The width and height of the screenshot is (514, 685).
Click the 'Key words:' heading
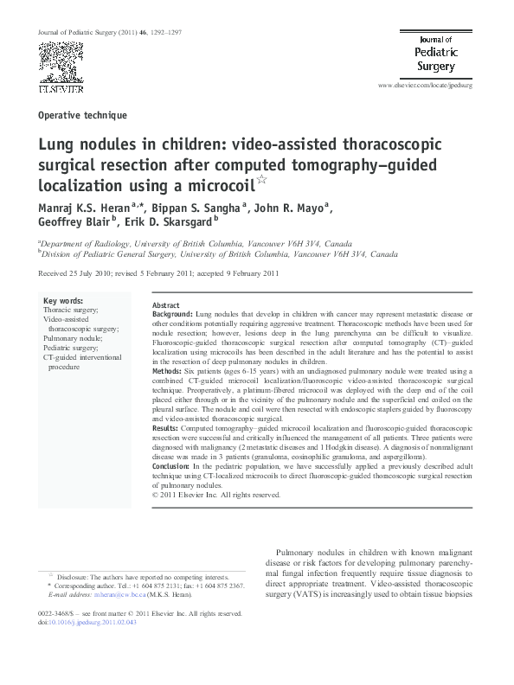tap(63, 301)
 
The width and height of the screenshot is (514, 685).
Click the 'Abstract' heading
tap(165, 306)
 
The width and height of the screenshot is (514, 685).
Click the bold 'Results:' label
tap(166, 427)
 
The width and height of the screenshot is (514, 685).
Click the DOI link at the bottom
tap(85, 620)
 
